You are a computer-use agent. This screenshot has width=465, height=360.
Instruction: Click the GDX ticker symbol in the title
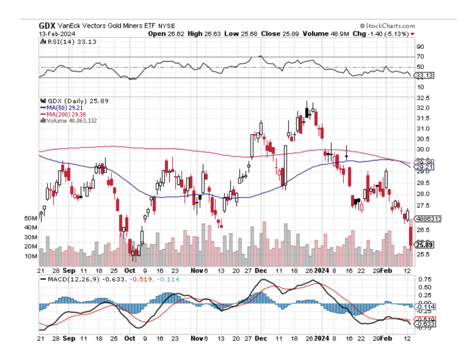pos(47,26)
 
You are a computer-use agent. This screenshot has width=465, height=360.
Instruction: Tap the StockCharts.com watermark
pos(387,26)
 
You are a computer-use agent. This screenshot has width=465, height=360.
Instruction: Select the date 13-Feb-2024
pos(57,34)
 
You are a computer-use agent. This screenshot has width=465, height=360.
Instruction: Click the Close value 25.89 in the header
pos(290,34)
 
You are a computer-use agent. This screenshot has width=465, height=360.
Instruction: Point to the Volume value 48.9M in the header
pos(340,34)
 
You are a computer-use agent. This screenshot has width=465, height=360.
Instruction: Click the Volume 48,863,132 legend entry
pos(71,121)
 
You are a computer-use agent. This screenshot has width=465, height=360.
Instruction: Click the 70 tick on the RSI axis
pos(420,56)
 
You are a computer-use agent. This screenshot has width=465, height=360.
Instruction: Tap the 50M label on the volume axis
pos(31,218)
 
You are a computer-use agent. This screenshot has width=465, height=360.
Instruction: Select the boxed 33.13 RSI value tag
pos(424,75)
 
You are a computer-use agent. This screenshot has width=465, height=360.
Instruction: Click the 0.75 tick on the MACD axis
pos(425,279)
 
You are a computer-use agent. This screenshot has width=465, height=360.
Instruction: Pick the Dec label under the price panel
pos(261,270)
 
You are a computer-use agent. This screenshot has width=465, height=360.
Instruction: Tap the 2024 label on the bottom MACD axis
pos(321,338)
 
